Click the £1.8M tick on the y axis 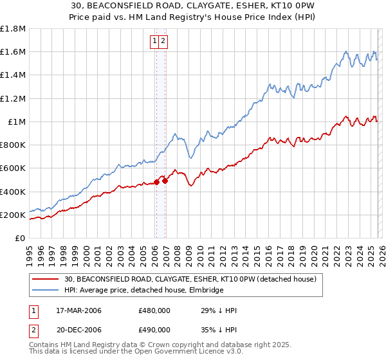pyautogui.click(x=13, y=29)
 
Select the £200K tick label pyautogui.click(x=13, y=215)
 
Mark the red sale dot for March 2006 pyautogui.click(x=156, y=183)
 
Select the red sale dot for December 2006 pyautogui.click(x=165, y=181)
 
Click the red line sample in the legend pyautogui.click(x=46, y=280)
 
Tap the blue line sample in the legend pyautogui.click(x=46, y=291)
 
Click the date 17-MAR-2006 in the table pyautogui.click(x=78, y=310)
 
